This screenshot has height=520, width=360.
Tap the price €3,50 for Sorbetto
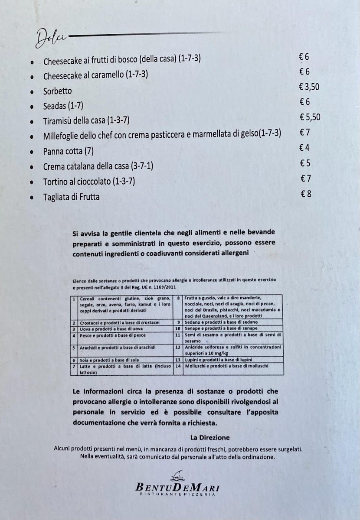pos(309,87)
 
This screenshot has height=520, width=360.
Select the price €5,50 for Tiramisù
pos(310,117)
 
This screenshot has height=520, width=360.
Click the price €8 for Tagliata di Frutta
pos(306,194)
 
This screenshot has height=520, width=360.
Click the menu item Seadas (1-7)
pos(63,106)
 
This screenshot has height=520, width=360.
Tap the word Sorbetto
pos(57,91)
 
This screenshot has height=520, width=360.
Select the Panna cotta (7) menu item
pos(69,152)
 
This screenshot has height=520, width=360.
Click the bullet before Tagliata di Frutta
pos(33,198)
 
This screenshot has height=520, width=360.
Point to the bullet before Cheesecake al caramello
pos(33,77)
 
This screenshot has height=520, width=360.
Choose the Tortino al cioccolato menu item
pos(89,182)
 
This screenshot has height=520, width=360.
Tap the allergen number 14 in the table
pos(177,366)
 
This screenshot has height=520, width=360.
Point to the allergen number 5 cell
pos(74,347)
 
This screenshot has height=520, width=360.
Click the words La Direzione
pos(210,437)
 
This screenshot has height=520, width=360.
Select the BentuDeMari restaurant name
pos(177,487)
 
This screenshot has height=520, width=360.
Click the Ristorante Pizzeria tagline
pos(177,494)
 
